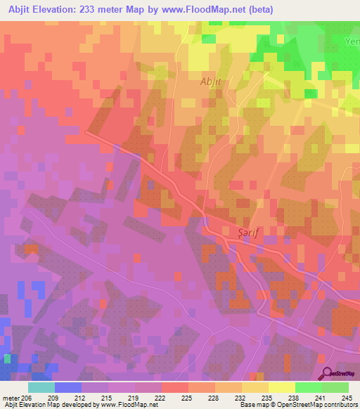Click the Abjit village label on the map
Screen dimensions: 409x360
211,81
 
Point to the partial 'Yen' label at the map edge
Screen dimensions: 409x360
352,41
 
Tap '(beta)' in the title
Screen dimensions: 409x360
259,9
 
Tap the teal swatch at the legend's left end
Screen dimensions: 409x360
41,387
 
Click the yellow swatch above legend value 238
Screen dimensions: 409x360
282,387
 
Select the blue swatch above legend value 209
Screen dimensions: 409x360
68,387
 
